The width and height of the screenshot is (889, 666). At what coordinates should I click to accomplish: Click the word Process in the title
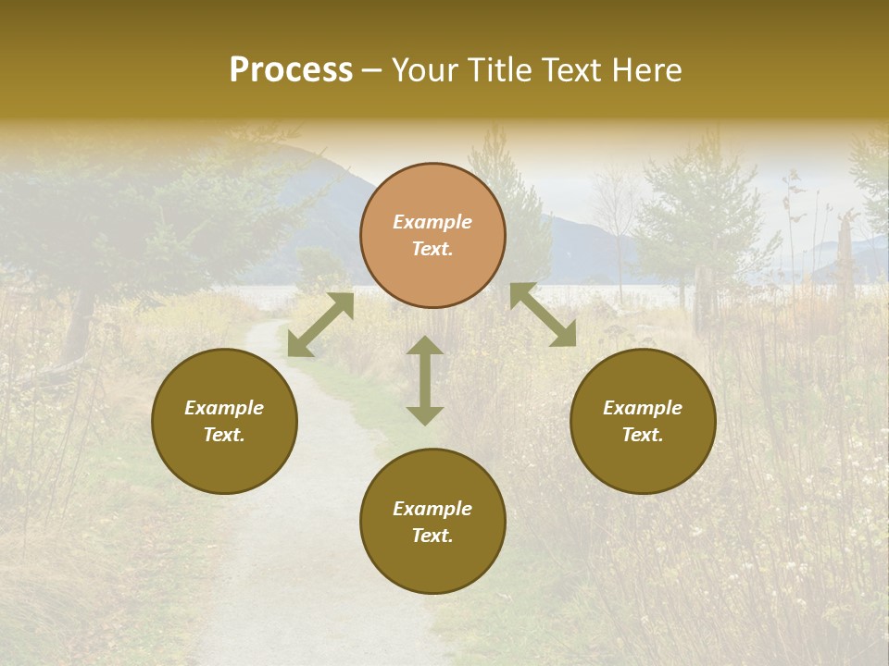coord(291,70)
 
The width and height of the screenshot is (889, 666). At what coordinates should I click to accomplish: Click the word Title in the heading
coord(501,70)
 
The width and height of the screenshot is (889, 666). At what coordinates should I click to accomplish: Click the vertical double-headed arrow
coord(425,380)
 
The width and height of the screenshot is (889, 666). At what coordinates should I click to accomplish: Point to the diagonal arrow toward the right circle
coord(543,314)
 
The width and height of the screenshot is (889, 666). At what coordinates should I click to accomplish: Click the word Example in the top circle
coord(432,222)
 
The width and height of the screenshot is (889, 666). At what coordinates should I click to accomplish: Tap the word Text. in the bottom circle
coord(432,536)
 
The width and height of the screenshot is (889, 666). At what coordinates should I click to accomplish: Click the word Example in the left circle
coord(224,408)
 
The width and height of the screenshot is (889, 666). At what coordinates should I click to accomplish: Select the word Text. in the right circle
coord(643,435)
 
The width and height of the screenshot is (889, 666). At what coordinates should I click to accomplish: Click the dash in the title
coord(372,71)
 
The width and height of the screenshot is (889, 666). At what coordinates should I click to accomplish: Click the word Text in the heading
coord(574,70)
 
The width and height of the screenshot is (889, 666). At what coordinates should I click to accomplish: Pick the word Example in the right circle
coord(643,408)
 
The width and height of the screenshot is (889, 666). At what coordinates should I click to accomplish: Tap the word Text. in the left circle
coord(224,435)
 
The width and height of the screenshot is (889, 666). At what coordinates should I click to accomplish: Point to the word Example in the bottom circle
coord(432,509)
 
